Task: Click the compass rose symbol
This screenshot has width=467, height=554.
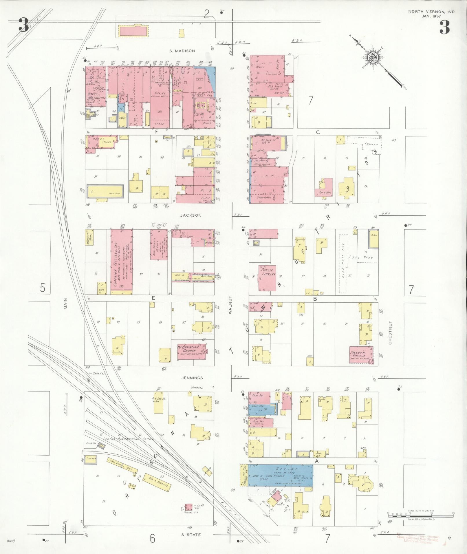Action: pyautogui.click(x=373, y=58)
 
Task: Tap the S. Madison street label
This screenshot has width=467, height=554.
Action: pyautogui.click(x=182, y=51)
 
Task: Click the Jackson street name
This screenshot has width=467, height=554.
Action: pyautogui.click(x=191, y=215)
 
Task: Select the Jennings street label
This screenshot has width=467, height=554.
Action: pyautogui.click(x=192, y=378)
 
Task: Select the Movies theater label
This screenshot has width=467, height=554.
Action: pyautogui.click(x=160, y=94)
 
